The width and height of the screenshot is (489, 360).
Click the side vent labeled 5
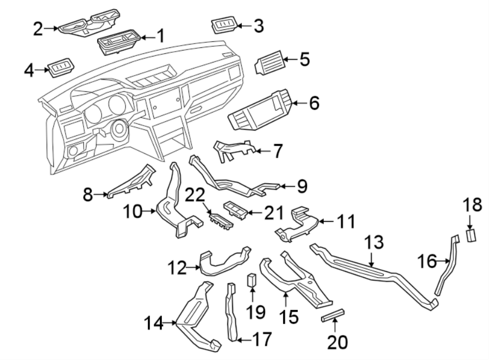coord(268,63)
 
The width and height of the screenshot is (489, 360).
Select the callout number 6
coord(314,103)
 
